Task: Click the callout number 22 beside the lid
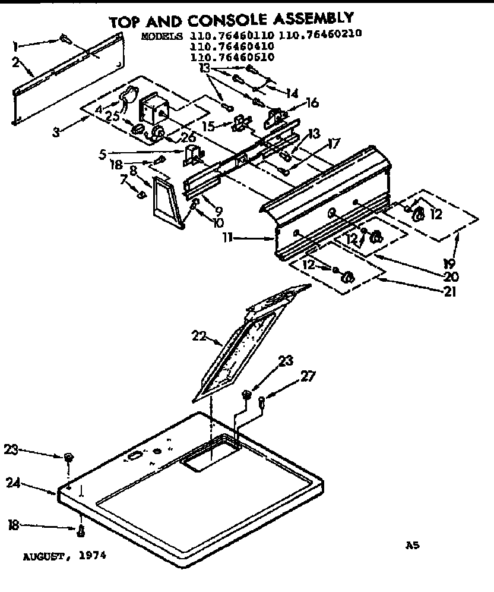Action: point(198,337)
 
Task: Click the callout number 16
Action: point(311,103)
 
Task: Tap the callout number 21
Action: point(449,291)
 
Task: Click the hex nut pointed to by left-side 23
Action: point(68,458)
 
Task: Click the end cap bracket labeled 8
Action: point(164,202)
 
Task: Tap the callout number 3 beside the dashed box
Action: point(55,132)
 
